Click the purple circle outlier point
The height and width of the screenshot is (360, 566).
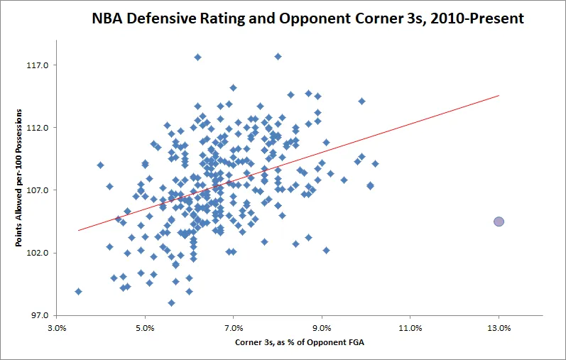pos(499,222)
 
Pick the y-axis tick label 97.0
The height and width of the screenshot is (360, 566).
pos(37,315)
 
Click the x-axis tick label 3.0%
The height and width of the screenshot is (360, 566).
pos(57,329)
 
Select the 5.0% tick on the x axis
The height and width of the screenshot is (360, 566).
pos(145,329)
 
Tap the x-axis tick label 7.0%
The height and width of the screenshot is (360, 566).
pos(234,329)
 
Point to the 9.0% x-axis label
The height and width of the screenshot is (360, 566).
pos(322,329)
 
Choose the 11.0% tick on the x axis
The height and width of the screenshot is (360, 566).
pos(410,329)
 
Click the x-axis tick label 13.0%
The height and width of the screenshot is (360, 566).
pos(499,329)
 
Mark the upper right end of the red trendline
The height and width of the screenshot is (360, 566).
pos(499,95)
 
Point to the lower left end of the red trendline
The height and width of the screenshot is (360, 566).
pos(78,230)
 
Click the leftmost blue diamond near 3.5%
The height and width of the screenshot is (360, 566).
pos(78,291)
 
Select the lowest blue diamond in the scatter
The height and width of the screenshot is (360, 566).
pos(171,302)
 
